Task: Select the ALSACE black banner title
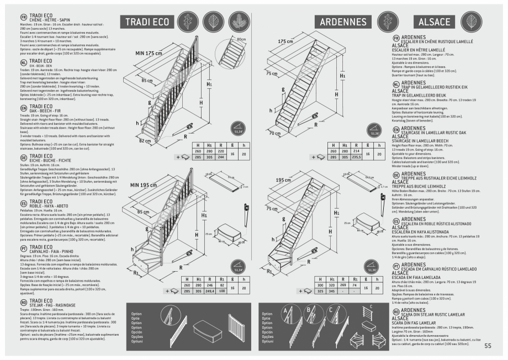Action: pyautogui.click(x=434, y=22)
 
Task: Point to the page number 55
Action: pyautogui.click(x=488, y=346)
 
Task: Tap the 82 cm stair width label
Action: pyautogui.click(x=144, y=141)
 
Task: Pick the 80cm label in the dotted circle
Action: pyautogui.click(x=241, y=40)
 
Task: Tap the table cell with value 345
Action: pyautogui.click(x=332, y=291)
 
